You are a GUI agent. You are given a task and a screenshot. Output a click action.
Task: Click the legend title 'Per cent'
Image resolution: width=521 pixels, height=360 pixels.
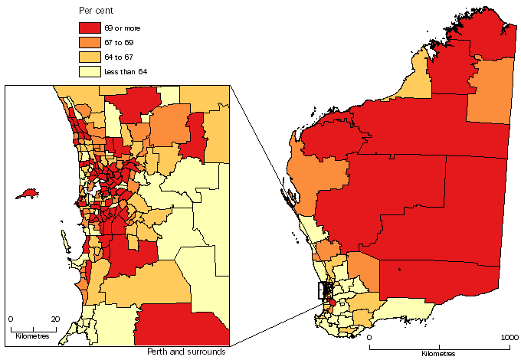[x=97, y=11]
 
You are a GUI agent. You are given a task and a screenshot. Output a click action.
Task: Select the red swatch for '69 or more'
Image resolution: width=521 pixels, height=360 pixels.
[x=90, y=28]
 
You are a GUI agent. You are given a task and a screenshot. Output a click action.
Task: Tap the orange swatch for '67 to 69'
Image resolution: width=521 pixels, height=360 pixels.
[x=90, y=42]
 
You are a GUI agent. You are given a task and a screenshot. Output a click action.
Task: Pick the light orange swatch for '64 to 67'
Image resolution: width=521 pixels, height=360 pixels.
[x=90, y=57]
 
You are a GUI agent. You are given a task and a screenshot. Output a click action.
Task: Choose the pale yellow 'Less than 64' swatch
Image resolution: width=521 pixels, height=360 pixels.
[x=90, y=71]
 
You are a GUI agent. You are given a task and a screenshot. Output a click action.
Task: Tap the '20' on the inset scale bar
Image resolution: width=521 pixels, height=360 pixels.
[x=55, y=318]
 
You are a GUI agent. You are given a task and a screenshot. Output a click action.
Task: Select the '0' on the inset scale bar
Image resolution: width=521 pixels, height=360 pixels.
[x=11, y=318]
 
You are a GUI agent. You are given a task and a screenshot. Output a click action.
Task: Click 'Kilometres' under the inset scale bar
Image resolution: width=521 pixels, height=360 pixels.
[x=32, y=335]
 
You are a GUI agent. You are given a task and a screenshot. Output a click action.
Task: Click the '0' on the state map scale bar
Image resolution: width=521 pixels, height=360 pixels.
[x=369, y=337]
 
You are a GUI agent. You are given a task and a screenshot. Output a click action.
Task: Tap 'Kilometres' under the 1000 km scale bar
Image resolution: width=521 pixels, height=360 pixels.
[x=437, y=353]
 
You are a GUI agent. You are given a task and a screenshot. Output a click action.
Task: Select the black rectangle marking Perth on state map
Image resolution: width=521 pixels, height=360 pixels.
[x=325, y=291]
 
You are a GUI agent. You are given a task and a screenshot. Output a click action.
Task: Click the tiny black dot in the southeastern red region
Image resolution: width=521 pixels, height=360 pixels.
[x=400, y=270]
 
